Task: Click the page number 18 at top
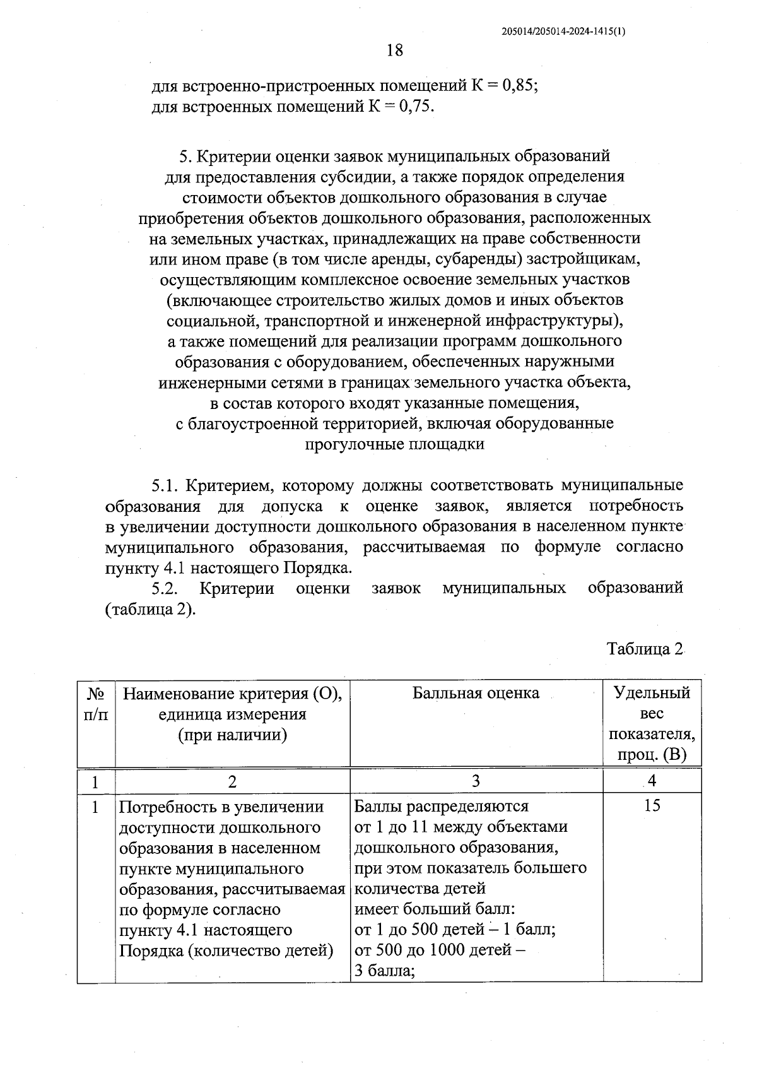tap(394, 50)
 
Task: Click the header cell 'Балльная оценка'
tap(476, 693)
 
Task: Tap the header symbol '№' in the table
tap(95, 694)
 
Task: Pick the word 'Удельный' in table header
tap(652, 693)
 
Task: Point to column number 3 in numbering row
tap(476, 781)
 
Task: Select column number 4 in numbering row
tap(652, 781)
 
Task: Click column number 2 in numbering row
tap(232, 781)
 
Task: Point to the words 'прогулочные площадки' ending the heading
tap(394, 444)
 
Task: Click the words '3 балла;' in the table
tap(384, 971)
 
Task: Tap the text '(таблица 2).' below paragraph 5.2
tap(149, 610)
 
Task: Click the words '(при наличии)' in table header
tap(232, 735)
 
